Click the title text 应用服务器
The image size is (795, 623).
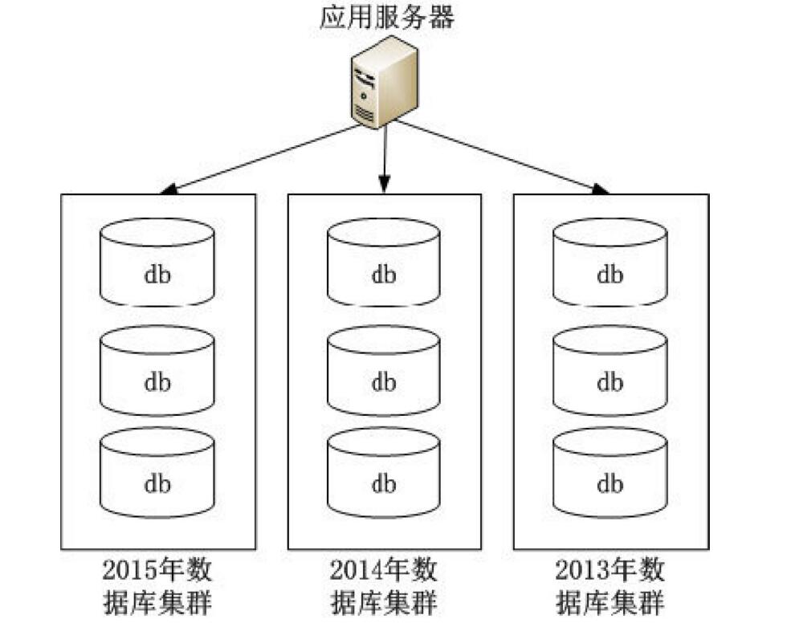[385, 17]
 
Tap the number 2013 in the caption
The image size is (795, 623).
[582, 571]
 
